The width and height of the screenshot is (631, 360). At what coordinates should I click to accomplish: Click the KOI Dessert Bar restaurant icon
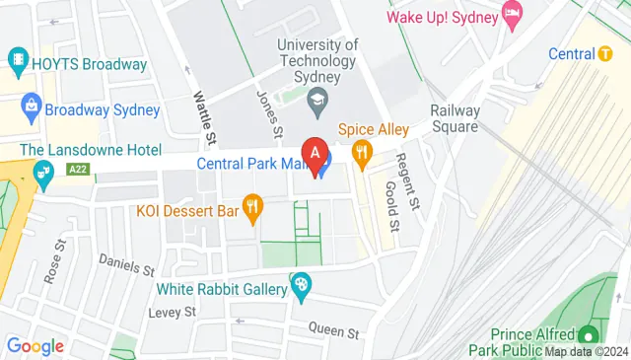253,206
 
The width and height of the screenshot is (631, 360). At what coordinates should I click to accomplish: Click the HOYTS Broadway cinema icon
18,61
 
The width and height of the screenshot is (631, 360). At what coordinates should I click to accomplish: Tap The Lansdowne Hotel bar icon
43,176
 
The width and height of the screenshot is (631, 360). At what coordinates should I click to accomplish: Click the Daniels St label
127,264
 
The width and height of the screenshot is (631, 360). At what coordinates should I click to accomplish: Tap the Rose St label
54,260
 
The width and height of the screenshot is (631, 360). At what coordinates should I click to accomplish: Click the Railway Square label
454,118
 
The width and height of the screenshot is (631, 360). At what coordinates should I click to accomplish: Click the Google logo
35,345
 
